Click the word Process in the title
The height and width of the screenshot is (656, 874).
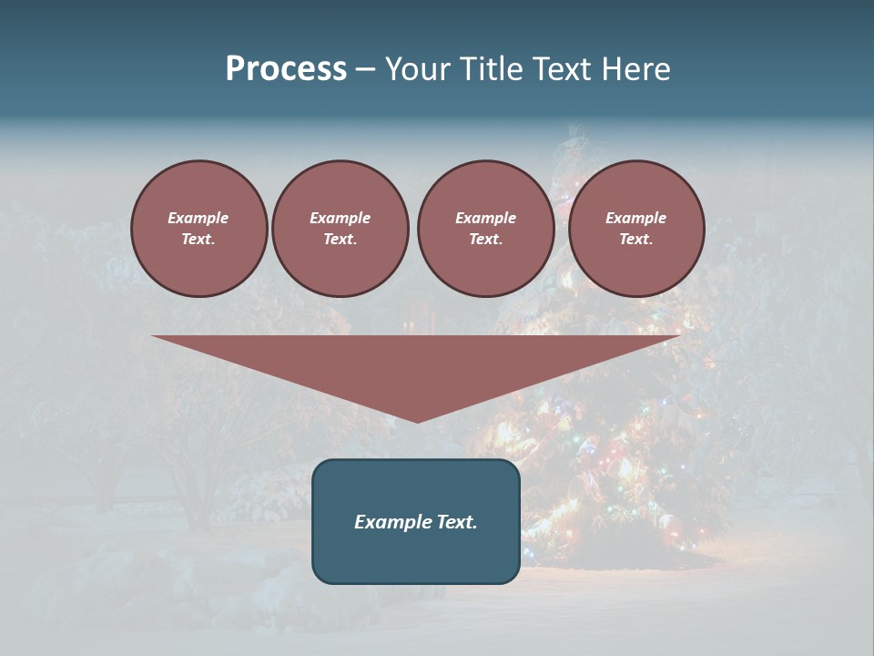[x=286, y=69]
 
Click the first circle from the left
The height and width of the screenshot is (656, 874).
[x=198, y=229]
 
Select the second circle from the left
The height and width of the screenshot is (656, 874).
[x=340, y=229]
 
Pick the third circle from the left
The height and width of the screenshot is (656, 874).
[x=485, y=229]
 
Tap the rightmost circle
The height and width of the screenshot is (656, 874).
[x=636, y=229]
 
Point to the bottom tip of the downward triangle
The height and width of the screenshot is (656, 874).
[x=417, y=421]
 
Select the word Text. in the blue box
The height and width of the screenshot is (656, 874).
[x=457, y=522]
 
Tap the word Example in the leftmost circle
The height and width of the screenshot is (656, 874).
[x=198, y=219]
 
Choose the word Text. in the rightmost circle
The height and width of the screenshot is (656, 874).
[x=636, y=240]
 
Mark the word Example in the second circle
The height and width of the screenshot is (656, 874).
[x=340, y=219]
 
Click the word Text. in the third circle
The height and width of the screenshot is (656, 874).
[x=485, y=240]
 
